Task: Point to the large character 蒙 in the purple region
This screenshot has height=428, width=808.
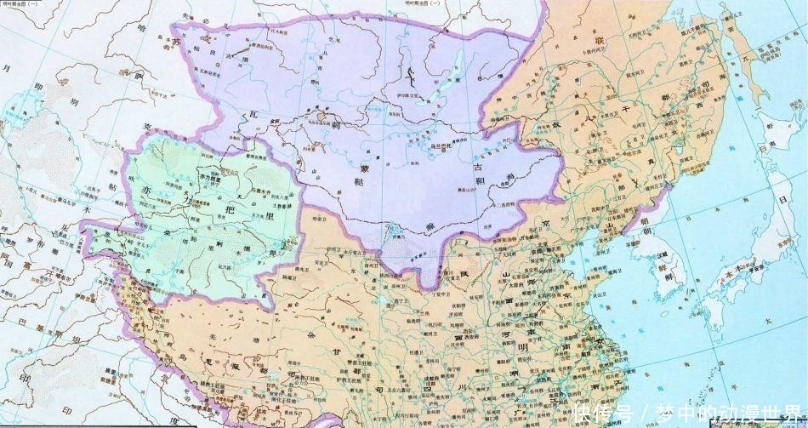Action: tap(367, 168)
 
